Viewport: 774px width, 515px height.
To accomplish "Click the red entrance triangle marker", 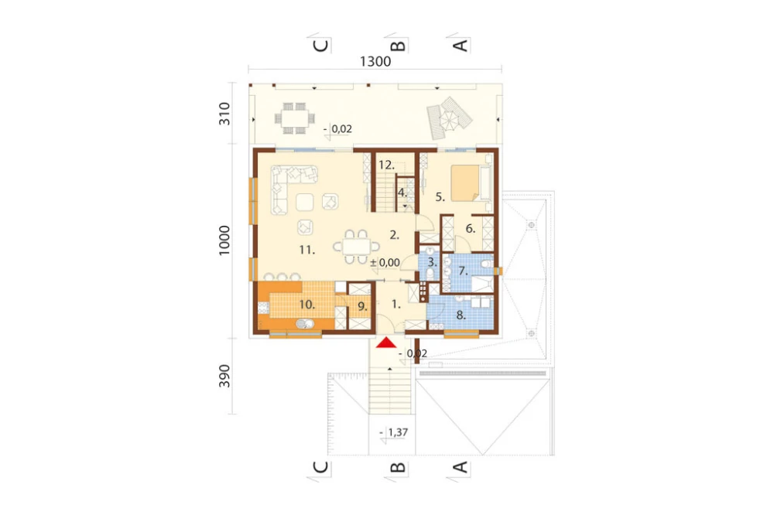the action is coord(386,343).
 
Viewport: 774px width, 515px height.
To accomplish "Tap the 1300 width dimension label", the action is coord(375,62).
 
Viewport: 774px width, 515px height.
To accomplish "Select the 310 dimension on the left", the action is coord(224,114).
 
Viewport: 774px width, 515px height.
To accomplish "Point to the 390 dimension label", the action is coord(224,376).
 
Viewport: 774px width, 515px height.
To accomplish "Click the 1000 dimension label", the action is coord(224,240).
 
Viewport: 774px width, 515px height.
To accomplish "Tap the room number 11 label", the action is coord(307,250).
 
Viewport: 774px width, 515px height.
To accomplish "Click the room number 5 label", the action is coord(440,197).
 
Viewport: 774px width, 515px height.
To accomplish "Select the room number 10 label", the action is coord(307,305).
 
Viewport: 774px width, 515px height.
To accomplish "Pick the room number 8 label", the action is coord(461,315).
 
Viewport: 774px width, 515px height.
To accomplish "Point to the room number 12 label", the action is coord(386,165).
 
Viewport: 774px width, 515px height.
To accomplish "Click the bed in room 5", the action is coord(466,183).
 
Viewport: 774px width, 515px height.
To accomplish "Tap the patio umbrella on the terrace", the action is coord(450,119).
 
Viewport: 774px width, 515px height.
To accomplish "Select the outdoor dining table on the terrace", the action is coord(295,118).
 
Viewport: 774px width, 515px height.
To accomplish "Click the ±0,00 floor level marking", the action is coord(385,263).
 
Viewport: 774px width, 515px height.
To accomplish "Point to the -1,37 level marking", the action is coord(394,432).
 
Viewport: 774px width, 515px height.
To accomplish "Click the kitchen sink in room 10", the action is coord(305,323).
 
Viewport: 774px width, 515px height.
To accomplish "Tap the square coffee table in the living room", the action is coord(304,202).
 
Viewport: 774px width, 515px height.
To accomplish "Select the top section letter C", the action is coord(321,46).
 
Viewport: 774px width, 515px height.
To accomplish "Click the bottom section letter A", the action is coord(460,467).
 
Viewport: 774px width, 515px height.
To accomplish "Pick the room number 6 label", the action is coord(471,229).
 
